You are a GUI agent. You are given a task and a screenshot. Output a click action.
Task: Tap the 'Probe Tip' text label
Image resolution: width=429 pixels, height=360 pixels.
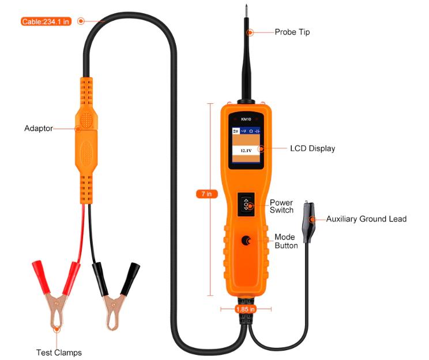click(x=292, y=32)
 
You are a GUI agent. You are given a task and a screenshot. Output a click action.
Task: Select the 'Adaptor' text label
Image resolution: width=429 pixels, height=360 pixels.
click(x=39, y=128)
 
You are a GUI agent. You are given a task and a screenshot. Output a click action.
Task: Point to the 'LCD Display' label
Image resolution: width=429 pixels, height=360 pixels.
click(x=312, y=148)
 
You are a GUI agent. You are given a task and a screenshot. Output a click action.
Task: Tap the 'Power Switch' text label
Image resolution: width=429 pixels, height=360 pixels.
click(x=281, y=207)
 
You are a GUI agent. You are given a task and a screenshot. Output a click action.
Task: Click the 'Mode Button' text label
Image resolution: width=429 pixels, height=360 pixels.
click(x=285, y=241)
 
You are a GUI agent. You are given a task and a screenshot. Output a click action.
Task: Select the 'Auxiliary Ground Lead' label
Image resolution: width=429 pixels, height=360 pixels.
click(x=366, y=219)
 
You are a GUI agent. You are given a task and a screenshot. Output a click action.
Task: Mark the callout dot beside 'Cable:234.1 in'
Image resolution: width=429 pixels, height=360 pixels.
click(x=81, y=21)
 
